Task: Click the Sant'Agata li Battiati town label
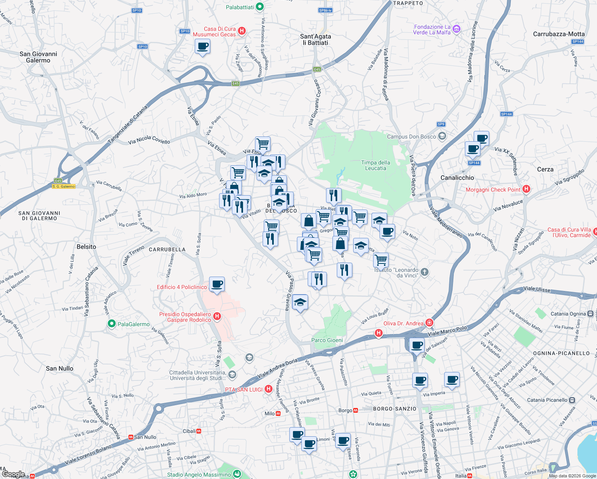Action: click(x=315, y=40)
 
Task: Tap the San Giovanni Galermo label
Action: click(x=38, y=57)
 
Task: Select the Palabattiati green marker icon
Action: click(x=260, y=7)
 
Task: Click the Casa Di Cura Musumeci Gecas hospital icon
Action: click(x=241, y=31)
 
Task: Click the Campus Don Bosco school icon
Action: click(x=442, y=137)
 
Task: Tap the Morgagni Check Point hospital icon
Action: click(x=526, y=189)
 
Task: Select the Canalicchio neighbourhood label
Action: click(x=457, y=178)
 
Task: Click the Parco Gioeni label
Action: click(x=327, y=340)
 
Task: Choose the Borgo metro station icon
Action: click(x=356, y=410)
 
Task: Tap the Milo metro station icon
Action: click(x=278, y=414)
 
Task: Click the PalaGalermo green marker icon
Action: click(x=112, y=324)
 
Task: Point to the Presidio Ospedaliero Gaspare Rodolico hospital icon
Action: click(x=217, y=317)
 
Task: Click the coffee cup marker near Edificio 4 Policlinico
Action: click(x=217, y=284)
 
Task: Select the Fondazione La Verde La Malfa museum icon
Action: click(x=457, y=29)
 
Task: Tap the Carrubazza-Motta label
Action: click(x=559, y=34)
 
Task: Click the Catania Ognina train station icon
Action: click(x=590, y=314)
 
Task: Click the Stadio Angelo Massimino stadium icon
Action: click(x=237, y=474)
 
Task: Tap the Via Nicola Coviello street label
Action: click(x=149, y=140)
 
